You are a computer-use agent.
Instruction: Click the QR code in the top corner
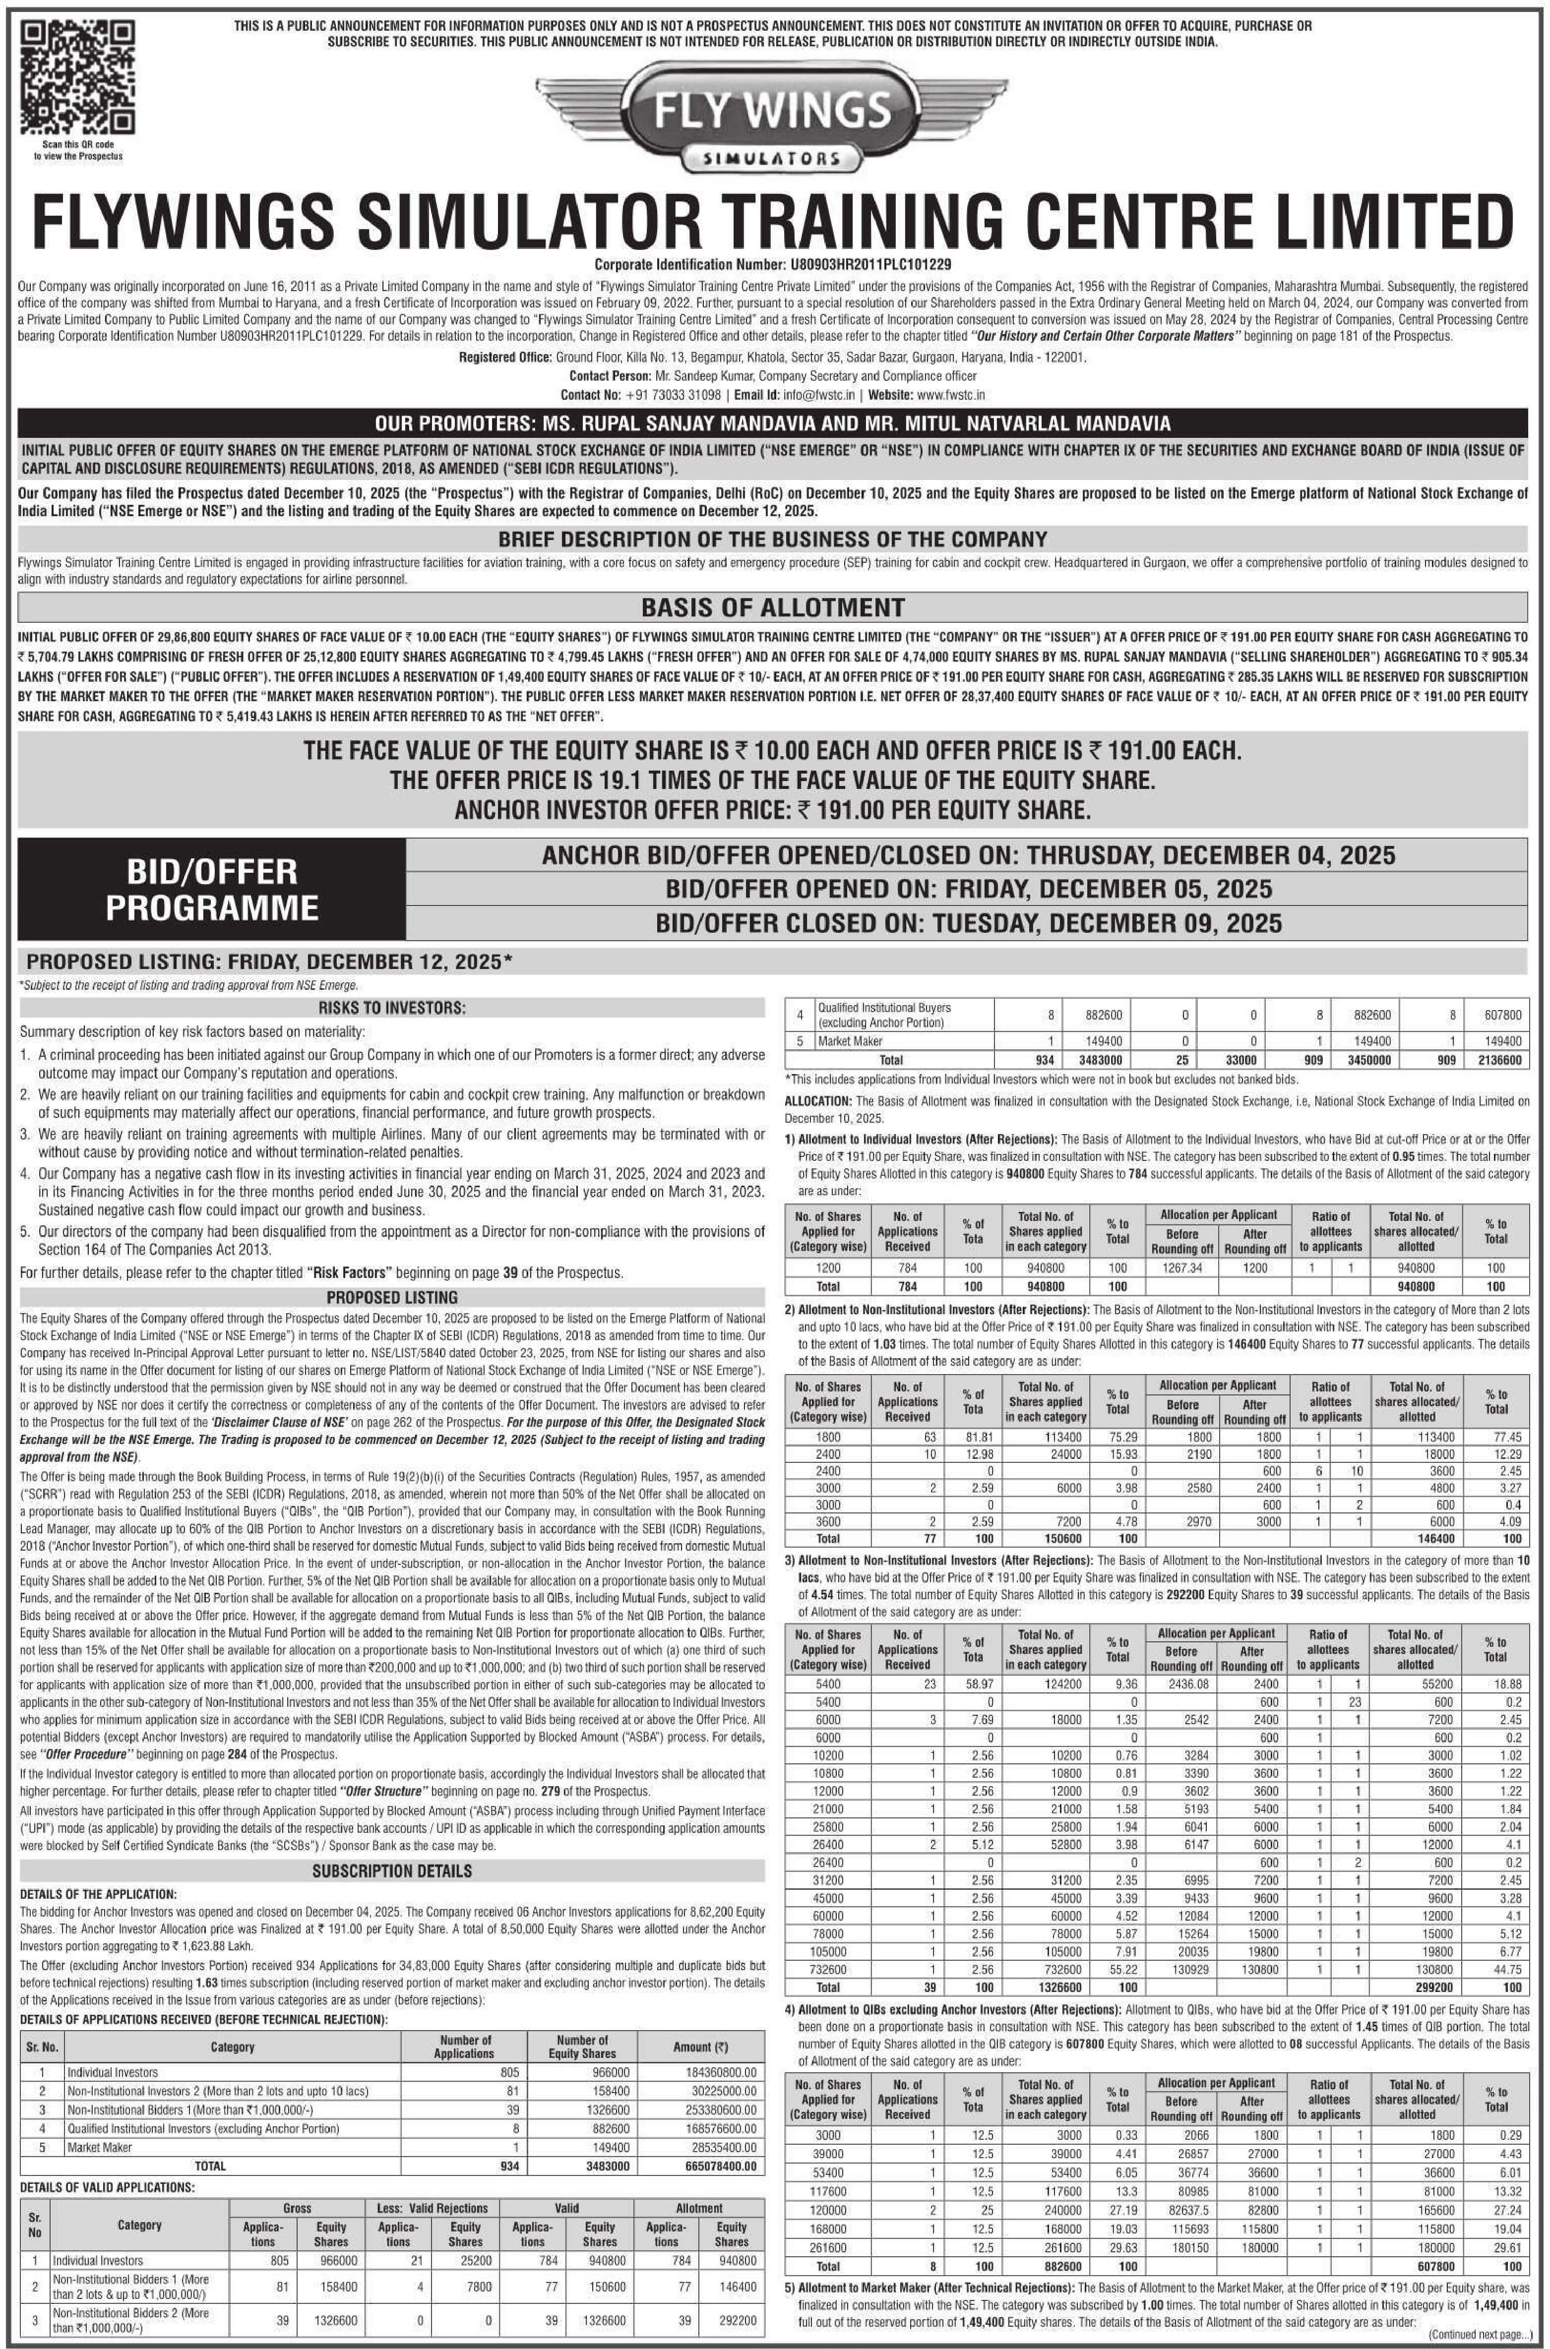click(77, 79)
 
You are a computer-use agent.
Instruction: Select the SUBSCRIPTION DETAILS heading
click(391, 1870)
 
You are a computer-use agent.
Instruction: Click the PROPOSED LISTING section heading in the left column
click(391, 1297)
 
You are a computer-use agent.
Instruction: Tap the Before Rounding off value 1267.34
click(1182, 1268)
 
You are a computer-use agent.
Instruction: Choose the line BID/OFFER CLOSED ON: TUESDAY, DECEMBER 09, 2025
click(969, 923)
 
